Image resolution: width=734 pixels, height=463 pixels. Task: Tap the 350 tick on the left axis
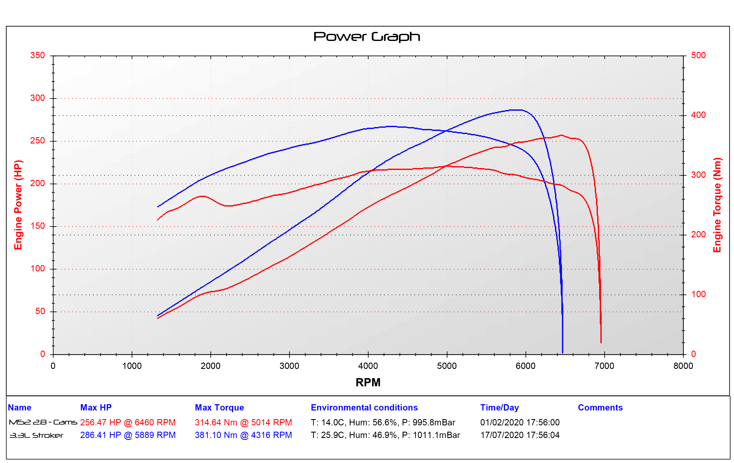click(38, 55)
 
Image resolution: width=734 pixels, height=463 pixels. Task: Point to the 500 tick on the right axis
click(698, 55)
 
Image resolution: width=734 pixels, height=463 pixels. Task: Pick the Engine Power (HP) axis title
click(18, 205)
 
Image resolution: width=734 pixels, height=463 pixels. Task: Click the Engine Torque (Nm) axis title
click(717, 205)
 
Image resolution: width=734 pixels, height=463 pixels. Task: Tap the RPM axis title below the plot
click(368, 382)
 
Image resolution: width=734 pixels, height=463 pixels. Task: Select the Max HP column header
click(96, 408)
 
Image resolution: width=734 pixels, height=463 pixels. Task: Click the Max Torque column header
click(219, 408)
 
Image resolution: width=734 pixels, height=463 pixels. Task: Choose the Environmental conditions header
click(364, 408)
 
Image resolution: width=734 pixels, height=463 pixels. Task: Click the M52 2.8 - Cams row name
click(43, 422)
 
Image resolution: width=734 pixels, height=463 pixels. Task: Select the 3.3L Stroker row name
click(36, 435)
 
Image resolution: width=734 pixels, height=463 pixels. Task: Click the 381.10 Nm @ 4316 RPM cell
click(243, 435)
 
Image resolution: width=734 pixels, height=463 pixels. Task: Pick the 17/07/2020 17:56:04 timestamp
click(520, 435)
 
